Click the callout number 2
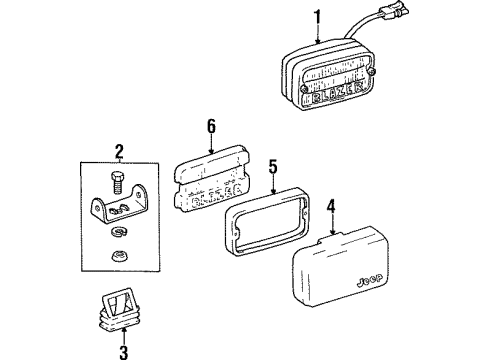[118, 152]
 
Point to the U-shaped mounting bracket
[111, 210]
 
